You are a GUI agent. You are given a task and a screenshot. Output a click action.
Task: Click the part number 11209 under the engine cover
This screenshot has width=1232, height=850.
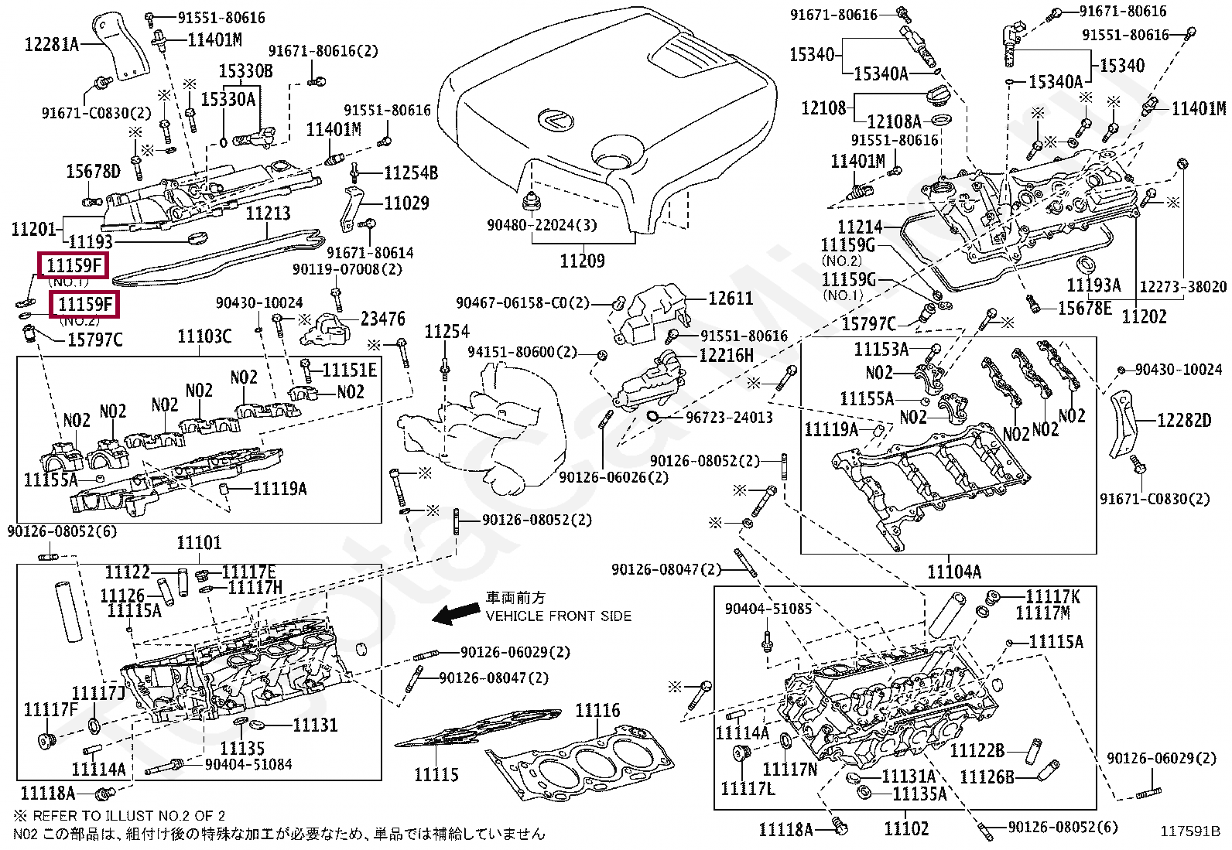[582, 261]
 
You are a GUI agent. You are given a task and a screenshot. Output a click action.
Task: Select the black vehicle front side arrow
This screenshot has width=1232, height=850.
[455, 614]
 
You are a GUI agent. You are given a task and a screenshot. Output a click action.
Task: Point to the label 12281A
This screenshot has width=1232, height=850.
[52, 44]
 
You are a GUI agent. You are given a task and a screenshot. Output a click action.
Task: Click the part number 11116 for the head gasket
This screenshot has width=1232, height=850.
[597, 710]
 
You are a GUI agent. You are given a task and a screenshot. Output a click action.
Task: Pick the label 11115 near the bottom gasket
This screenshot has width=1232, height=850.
[436, 774]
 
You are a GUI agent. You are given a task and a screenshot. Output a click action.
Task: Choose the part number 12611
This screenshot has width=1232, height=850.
[730, 299]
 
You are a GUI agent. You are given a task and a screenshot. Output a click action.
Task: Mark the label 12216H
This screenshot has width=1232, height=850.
[726, 356]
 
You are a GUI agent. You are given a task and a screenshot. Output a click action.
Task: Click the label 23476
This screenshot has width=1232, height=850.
[382, 319]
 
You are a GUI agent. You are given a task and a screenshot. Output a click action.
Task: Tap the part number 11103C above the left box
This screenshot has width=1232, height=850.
[204, 336]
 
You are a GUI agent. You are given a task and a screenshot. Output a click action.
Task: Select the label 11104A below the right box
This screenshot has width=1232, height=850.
[954, 572]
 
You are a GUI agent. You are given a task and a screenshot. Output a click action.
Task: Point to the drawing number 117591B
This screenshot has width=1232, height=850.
[1189, 832]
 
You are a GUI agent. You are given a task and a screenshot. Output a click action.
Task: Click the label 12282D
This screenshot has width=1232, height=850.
[1184, 420]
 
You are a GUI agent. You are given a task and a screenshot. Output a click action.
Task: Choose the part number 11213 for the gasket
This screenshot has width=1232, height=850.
[268, 213]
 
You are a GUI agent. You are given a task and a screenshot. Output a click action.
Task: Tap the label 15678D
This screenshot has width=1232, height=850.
[93, 171]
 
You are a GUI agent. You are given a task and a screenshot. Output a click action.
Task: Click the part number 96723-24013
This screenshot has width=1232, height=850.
[729, 418]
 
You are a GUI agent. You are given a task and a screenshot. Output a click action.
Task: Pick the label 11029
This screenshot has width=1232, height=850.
[406, 203]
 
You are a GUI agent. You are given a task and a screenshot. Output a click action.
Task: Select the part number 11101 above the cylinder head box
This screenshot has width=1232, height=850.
[199, 543]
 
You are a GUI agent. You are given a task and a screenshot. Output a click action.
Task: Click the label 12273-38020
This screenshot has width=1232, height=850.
[1182, 287]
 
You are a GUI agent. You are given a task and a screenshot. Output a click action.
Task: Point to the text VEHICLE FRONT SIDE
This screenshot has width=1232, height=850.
[558, 616]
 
